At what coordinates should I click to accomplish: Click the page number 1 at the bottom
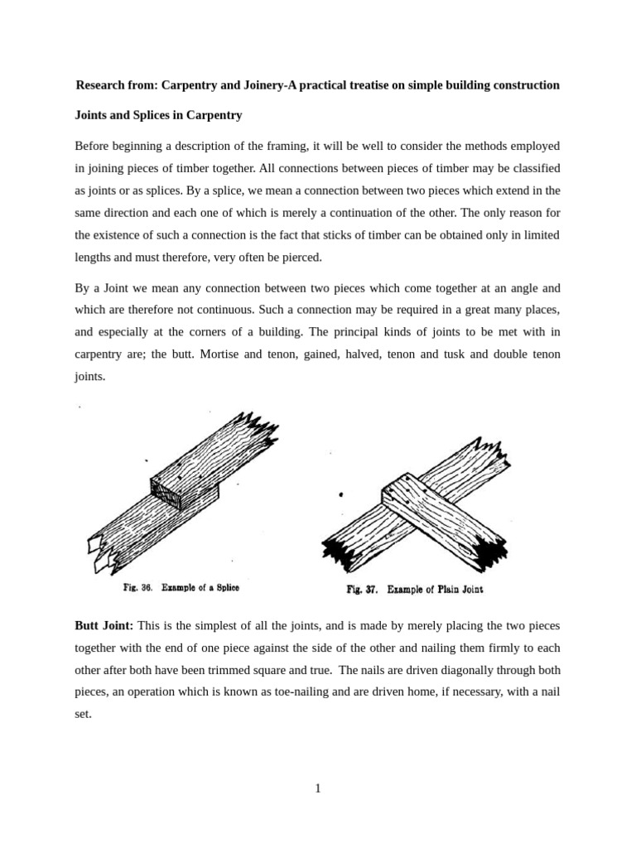coord(317,788)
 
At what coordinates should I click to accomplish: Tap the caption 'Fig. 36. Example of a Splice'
coord(181,588)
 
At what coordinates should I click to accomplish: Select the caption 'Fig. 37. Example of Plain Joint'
coord(414,590)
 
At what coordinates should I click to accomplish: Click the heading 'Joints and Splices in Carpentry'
coord(158,115)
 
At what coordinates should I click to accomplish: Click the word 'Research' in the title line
coord(103,85)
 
